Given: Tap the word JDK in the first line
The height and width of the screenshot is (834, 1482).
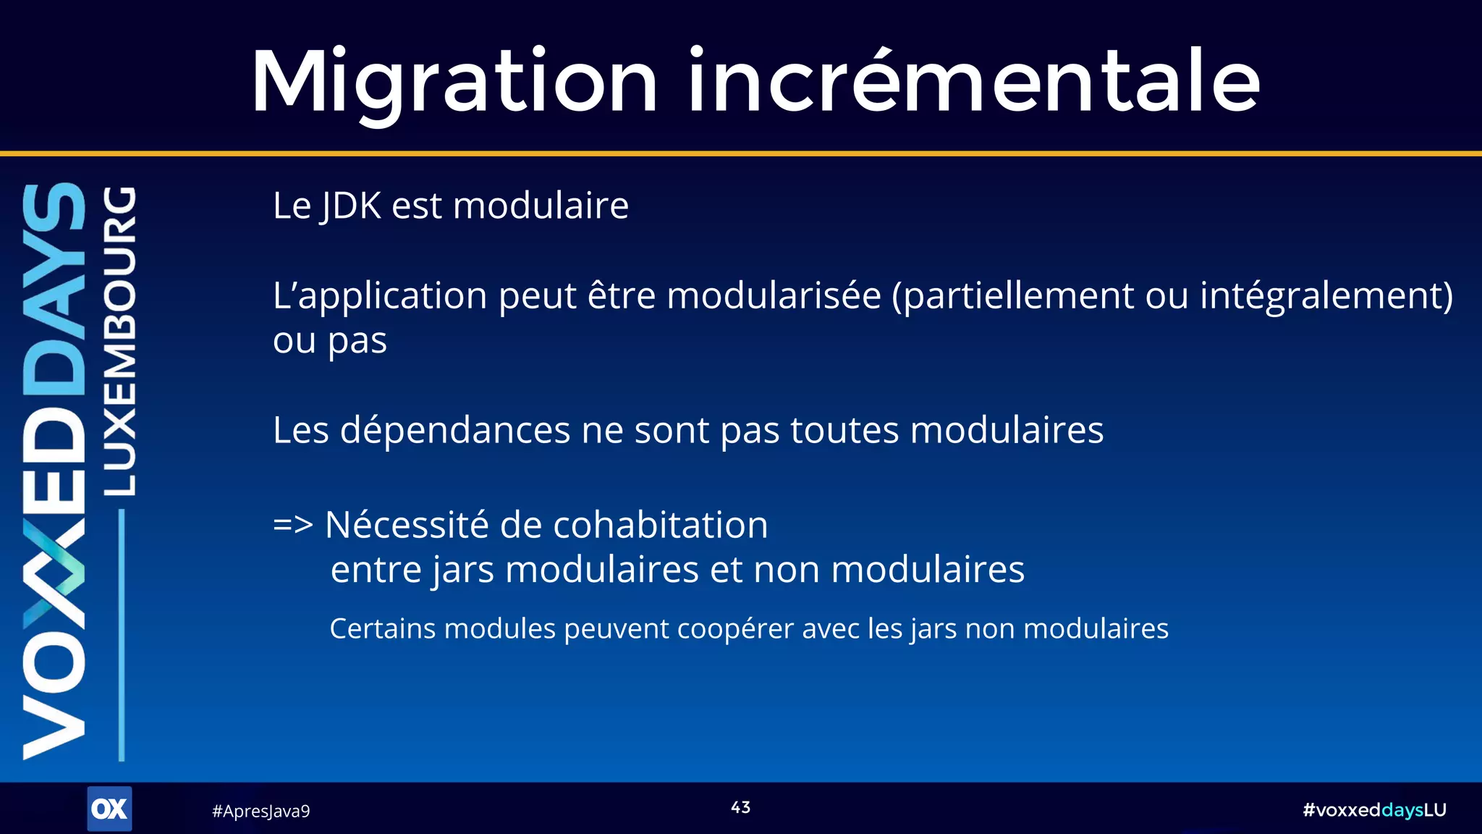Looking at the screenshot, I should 352,206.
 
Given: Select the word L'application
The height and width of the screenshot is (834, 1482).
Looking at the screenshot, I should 379,297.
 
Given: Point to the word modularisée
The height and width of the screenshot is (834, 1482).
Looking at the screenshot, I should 774,296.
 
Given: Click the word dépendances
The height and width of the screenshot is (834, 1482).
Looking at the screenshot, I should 455,431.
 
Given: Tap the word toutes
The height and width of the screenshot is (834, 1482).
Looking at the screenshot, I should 844,431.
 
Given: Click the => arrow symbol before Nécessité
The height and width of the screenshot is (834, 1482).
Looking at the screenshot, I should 292,525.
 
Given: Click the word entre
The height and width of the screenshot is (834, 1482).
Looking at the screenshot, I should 376,570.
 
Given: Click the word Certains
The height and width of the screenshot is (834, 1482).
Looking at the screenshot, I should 382,628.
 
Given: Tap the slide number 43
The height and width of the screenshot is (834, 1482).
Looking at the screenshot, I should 740,808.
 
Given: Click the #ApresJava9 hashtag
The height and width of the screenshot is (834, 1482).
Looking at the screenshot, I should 261,812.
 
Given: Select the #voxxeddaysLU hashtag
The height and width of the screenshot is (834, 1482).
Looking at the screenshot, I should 1373,810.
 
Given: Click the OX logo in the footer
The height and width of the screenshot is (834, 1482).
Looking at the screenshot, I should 109,809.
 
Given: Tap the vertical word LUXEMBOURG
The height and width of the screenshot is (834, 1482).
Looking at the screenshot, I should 119,341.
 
